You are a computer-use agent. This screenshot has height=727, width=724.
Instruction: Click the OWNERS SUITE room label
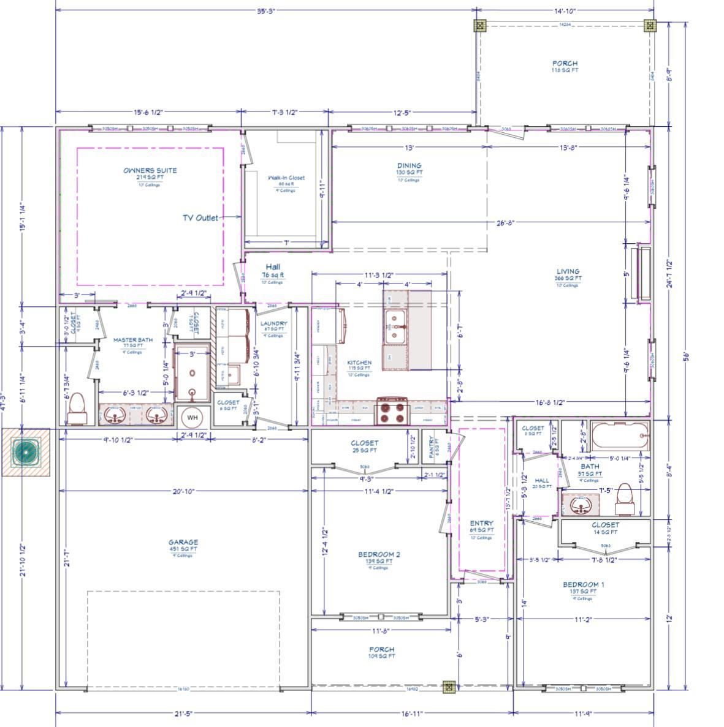pyautogui.click(x=150, y=170)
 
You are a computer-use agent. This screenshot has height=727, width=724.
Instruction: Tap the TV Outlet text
pyautogui.click(x=200, y=217)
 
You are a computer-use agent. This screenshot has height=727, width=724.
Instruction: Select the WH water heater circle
pyautogui.click(x=192, y=417)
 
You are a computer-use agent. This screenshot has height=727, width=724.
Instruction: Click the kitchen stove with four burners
pyautogui.click(x=392, y=410)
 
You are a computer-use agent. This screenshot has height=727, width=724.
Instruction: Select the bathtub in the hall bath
pyautogui.click(x=617, y=435)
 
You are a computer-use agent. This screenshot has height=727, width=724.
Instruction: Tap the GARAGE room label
pyautogui.click(x=183, y=542)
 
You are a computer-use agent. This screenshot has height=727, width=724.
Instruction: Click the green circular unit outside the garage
pyautogui.click(x=26, y=452)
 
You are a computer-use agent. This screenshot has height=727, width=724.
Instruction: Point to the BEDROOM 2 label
pyautogui.click(x=379, y=555)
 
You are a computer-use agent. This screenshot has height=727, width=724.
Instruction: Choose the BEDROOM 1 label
pyautogui.click(x=583, y=585)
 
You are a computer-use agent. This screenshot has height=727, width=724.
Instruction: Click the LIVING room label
pyautogui.click(x=568, y=271)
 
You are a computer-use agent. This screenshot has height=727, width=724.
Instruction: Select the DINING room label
pyautogui.click(x=409, y=165)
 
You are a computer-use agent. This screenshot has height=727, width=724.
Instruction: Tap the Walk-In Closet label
pyautogui.click(x=286, y=178)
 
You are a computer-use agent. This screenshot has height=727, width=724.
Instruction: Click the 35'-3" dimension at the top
pyautogui.click(x=265, y=10)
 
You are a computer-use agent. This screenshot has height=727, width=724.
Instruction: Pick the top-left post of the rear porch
pyautogui.click(x=480, y=25)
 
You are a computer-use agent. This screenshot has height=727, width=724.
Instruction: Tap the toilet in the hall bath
pyautogui.click(x=624, y=494)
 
